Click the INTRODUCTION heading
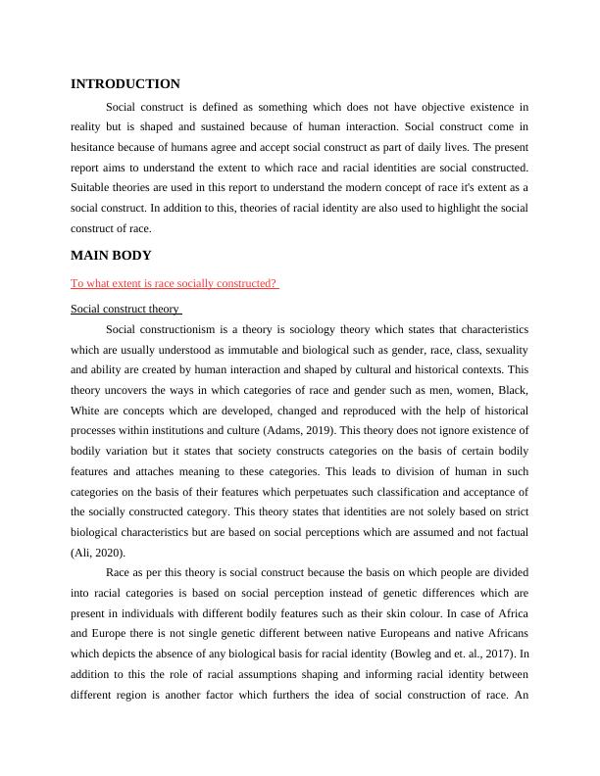(x=125, y=84)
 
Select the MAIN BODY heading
(x=111, y=256)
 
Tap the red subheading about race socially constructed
(x=175, y=283)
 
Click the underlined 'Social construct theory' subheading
(x=125, y=309)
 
